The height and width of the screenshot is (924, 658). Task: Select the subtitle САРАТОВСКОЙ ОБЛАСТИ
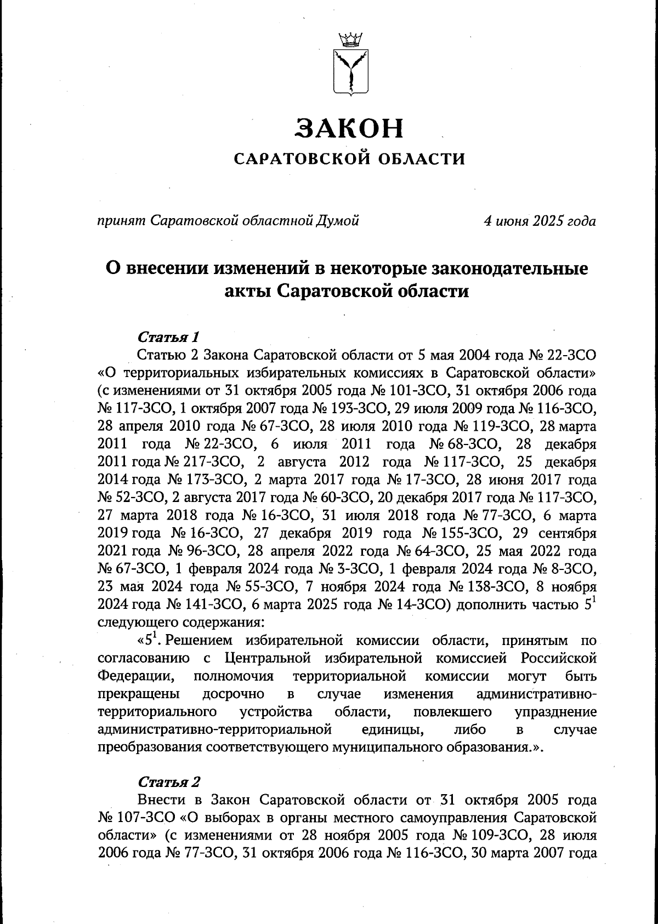click(349, 159)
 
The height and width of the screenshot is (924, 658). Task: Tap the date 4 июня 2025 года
click(540, 221)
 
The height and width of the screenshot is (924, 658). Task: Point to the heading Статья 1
click(164, 336)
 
